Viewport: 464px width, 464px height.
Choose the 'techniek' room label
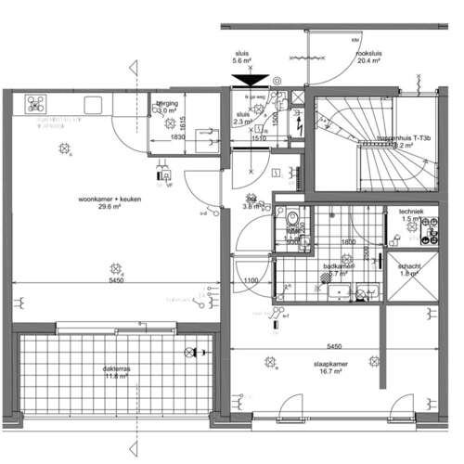point(411,212)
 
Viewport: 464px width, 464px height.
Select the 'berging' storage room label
point(168,103)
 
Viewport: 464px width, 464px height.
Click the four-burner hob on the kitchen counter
point(38,103)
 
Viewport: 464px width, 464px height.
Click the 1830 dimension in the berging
point(179,138)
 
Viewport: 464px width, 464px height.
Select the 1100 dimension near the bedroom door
point(250,281)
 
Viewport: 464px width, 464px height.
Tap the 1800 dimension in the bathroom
point(348,242)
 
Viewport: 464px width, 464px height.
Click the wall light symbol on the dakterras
point(193,352)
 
